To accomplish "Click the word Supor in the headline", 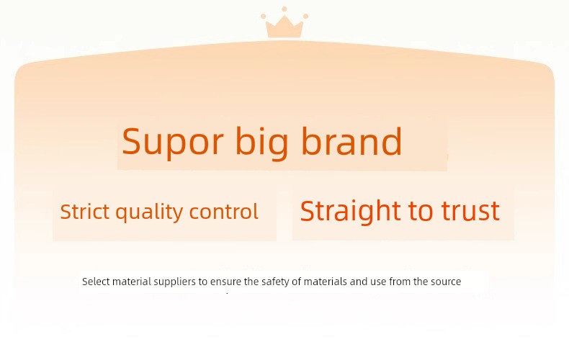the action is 172,142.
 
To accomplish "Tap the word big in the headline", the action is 261,143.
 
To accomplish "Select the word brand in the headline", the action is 351,141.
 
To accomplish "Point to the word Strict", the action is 84,211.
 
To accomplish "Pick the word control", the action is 223,211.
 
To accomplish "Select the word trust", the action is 470,211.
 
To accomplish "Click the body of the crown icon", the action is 284,28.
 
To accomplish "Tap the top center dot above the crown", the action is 284,9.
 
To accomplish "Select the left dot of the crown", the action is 263,17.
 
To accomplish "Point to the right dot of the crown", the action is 305,17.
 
